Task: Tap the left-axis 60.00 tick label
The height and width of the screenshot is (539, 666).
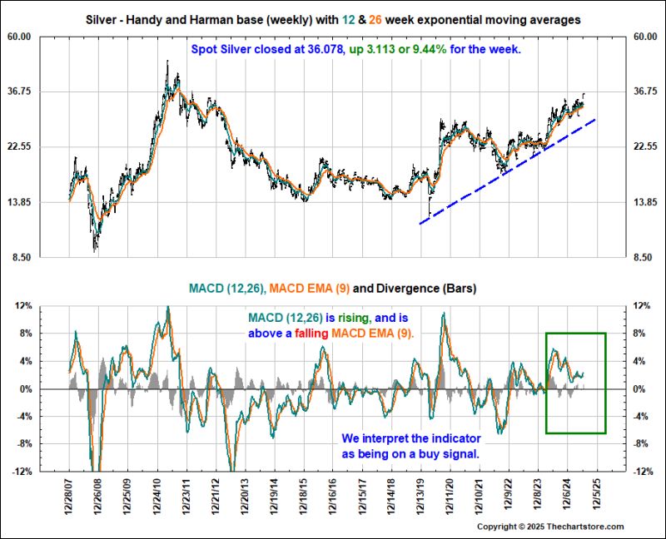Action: pyautogui.click(x=42, y=37)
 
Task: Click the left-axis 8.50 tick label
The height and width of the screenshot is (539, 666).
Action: pyautogui.click(x=44, y=258)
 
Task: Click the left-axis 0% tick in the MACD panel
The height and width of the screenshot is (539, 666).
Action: pyautogui.click(x=49, y=389)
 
